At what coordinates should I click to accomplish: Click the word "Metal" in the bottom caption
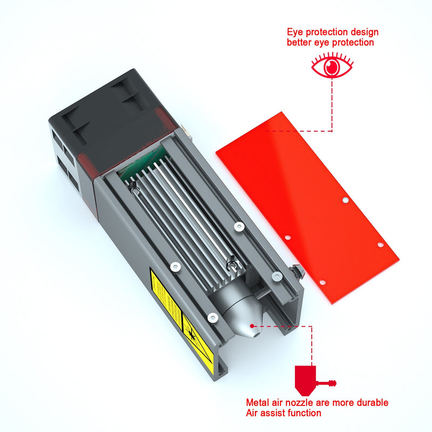click(259, 403)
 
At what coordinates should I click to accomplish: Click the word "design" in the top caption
click(365, 32)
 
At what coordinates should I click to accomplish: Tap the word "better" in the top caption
click(300, 42)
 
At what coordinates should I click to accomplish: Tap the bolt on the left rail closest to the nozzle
click(212, 318)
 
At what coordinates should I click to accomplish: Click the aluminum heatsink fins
click(184, 221)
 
